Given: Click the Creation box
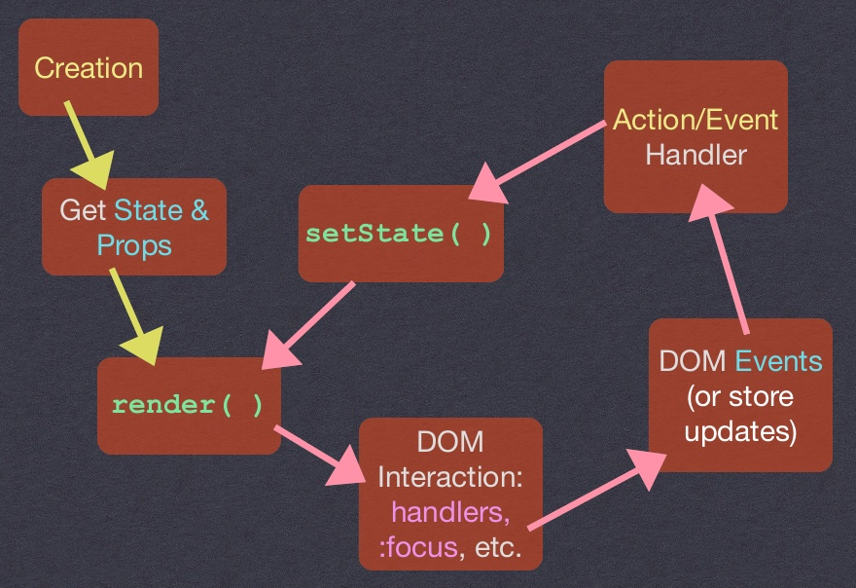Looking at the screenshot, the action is (88, 67).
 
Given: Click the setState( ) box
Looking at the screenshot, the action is (400, 234).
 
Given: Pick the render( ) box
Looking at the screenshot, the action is (188, 404).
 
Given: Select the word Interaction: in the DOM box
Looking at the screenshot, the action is (450, 477).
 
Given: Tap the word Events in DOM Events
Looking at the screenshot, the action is (778, 360).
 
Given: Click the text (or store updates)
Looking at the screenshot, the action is (740, 414).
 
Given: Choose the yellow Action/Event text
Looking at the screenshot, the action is (695, 119).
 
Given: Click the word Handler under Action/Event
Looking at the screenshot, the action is (695, 154).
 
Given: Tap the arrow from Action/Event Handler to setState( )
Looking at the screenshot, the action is (545, 159).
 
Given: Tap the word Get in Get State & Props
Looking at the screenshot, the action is (82, 210).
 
